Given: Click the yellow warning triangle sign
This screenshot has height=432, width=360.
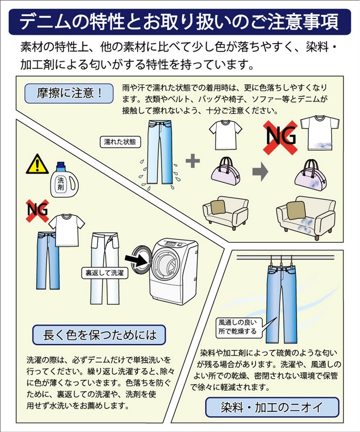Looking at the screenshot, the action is pyautogui.click(x=37, y=165).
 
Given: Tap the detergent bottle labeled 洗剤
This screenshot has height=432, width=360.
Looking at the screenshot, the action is pyautogui.click(x=64, y=180).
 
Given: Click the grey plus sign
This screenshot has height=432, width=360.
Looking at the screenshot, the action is pyautogui.click(x=193, y=161).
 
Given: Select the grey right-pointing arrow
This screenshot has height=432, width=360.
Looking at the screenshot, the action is pyautogui.click(x=260, y=171).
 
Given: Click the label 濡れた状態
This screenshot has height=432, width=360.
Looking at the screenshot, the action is pyautogui.click(x=120, y=142).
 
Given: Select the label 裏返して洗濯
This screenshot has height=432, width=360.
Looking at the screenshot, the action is pyautogui.click(x=105, y=273).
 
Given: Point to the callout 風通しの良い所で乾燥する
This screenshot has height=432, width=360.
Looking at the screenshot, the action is pyautogui.click(x=238, y=327).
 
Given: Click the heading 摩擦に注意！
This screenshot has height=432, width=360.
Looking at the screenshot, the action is pyautogui.click(x=69, y=93).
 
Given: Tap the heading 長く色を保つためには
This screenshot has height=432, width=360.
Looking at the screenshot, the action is pyautogui.click(x=99, y=335).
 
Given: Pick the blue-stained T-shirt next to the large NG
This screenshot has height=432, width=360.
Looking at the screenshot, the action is pyautogui.click(x=320, y=133).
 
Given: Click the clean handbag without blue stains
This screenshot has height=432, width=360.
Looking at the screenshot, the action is pyautogui.click(x=226, y=171).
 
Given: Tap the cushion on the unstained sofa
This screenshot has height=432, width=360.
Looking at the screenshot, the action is pyautogui.click(x=218, y=207).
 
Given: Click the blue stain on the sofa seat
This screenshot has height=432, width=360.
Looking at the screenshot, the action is pyautogui.click(x=306, y=224).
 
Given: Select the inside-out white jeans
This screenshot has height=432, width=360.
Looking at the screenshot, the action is pyautogui.click(x=105, y=269).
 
